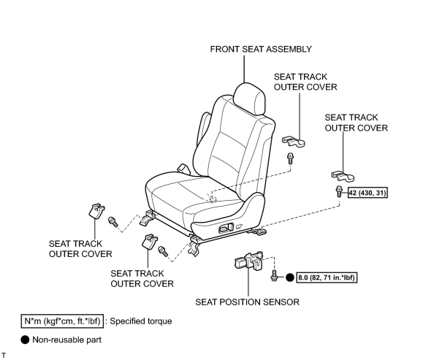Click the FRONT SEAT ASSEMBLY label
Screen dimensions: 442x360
[x=261, y=49]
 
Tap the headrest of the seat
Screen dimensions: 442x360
[x=250, y=99]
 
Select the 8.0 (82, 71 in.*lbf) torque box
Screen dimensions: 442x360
[x=327, y=277]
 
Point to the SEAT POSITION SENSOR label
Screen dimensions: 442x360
[x=247, y=302]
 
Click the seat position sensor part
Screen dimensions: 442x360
[x=248, y=261]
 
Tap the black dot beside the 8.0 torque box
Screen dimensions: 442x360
[x=290, y=277]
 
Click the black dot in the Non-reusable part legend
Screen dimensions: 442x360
[x=25, y=340]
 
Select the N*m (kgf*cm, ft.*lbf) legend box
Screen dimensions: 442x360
[x=62, y=321]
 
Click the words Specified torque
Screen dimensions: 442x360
[x=141, y=321]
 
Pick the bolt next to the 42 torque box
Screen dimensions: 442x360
[x=339, y=191]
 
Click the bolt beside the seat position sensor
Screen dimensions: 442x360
[x=273, y=275]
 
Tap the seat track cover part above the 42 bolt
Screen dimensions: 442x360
[x=343, y=175]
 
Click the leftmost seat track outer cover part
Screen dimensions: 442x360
[x=96, y=211]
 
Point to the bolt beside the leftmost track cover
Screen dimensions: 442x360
[x=113, y=222]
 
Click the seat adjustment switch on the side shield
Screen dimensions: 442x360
[x=226, y=227]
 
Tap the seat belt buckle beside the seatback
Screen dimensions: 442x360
[x=183, y=169]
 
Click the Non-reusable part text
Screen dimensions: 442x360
[x=66, y=340]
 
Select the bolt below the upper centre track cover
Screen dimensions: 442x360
[x=290, y=158]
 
